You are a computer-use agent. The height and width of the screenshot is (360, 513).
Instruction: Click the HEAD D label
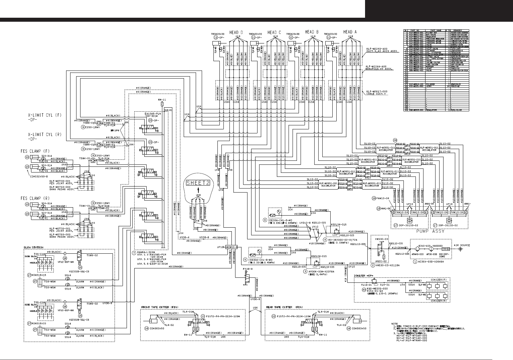[236, 32]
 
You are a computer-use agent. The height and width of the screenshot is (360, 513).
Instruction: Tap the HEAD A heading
[350, 32]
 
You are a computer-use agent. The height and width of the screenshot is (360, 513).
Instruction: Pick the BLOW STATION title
[33, 247]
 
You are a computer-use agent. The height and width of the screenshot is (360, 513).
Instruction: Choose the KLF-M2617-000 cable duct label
[374, 91]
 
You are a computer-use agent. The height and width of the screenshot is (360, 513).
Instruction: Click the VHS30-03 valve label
[382, 239]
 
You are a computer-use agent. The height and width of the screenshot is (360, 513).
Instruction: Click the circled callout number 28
[395, 140]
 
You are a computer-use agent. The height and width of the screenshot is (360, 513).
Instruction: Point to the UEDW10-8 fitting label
[231, 247]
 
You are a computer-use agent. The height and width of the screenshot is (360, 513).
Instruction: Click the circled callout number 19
[374, 198]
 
